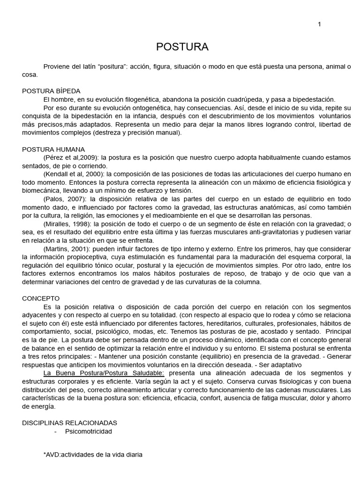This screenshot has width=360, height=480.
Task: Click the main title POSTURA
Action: point(182,47)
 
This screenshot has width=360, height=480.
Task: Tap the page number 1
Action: point(319,25)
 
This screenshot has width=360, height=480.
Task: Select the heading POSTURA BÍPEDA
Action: point(52,91)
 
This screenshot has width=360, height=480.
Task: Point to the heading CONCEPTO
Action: point(41,298)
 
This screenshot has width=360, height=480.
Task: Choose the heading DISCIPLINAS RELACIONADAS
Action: point(70,422)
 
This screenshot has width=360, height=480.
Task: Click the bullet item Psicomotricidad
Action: point(89,431)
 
